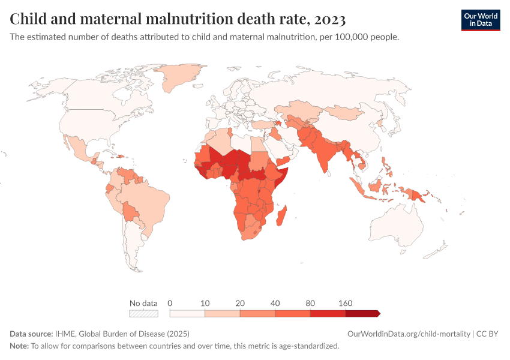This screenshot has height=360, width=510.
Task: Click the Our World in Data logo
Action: point(480,20)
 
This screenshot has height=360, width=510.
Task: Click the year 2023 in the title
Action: point(329,20)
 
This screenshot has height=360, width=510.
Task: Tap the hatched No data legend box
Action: point(143,313)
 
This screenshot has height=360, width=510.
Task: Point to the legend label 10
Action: point(205,302)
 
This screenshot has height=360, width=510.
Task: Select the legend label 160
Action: point(346,302)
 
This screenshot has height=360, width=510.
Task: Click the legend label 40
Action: point(275,302)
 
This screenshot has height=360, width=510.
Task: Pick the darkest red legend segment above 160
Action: point(362,313)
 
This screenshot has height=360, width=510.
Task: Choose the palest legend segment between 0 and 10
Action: point(187,313)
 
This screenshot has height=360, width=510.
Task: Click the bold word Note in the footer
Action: point(19,346)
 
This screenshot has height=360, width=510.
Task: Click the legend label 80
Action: point(310,302)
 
